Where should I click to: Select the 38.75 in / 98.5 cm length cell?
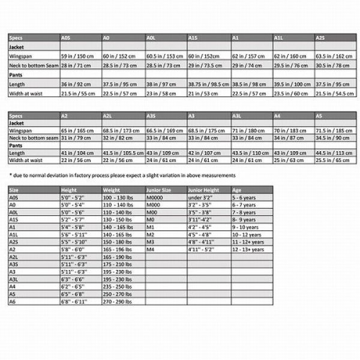click(x=208, y=85)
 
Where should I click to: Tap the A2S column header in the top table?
click(x=320, y=37)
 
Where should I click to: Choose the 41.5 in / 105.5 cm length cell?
click(x=124, y=153)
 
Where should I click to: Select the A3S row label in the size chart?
click(x=14, y=263)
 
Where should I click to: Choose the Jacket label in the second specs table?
click(x=17, y=122)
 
